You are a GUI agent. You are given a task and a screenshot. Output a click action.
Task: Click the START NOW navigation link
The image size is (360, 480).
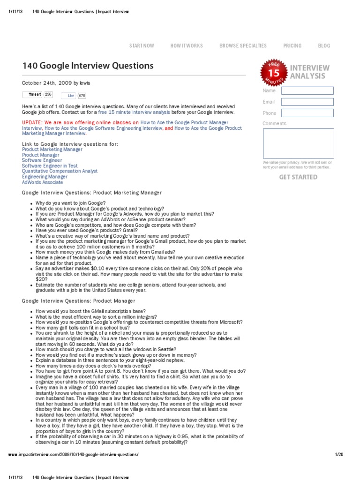pyautogui.click(x=142, y=45)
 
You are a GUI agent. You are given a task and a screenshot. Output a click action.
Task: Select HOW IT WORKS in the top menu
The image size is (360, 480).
pyautogui.click(x=187, y=45)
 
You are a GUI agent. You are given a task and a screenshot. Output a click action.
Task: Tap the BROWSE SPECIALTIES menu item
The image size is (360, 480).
pyautogui.click(x=243, y=45)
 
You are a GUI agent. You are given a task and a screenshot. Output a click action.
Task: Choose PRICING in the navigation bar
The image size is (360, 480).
pyautogui.click(x=292, y=45)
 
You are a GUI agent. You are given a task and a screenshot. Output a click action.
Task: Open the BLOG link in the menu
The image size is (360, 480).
pyautogui.click(x=324, y=45)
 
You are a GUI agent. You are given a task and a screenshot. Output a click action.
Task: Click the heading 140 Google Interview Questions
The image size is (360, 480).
pyautogui.click(x=88, y=66)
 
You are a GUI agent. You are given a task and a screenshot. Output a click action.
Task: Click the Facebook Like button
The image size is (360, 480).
pyautogui.click(x=71, y=95)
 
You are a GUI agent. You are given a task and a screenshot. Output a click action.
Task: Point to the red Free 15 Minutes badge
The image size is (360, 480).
pyautogui.click(x=273, y=73)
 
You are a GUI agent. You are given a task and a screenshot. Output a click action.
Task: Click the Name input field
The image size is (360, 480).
pyautogui.click(x=314, y=90)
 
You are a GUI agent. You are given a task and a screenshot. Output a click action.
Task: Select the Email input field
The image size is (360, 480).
pyautogui.click(x=314, y=102)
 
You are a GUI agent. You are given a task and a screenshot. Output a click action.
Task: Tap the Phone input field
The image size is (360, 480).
pyautogui.click(x=314, y=113)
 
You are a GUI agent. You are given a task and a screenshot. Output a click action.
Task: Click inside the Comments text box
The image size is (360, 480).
pyautogui.click(x=298, y=143)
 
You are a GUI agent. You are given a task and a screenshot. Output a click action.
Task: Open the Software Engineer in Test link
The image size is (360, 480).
pyautogui.click(x=50, y=165)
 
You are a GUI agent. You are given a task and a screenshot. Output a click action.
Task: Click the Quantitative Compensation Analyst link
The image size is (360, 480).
pyautogui.click(x=60, y=171)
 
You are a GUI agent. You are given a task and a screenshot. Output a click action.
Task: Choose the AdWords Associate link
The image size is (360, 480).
pyautogui.click(x=42, y=182)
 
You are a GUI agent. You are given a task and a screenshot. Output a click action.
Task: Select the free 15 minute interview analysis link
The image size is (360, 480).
pyautogui.click(x=135, y=113)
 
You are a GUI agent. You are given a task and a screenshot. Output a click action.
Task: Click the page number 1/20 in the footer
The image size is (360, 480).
pyautogui.click(x=339, y=455)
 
